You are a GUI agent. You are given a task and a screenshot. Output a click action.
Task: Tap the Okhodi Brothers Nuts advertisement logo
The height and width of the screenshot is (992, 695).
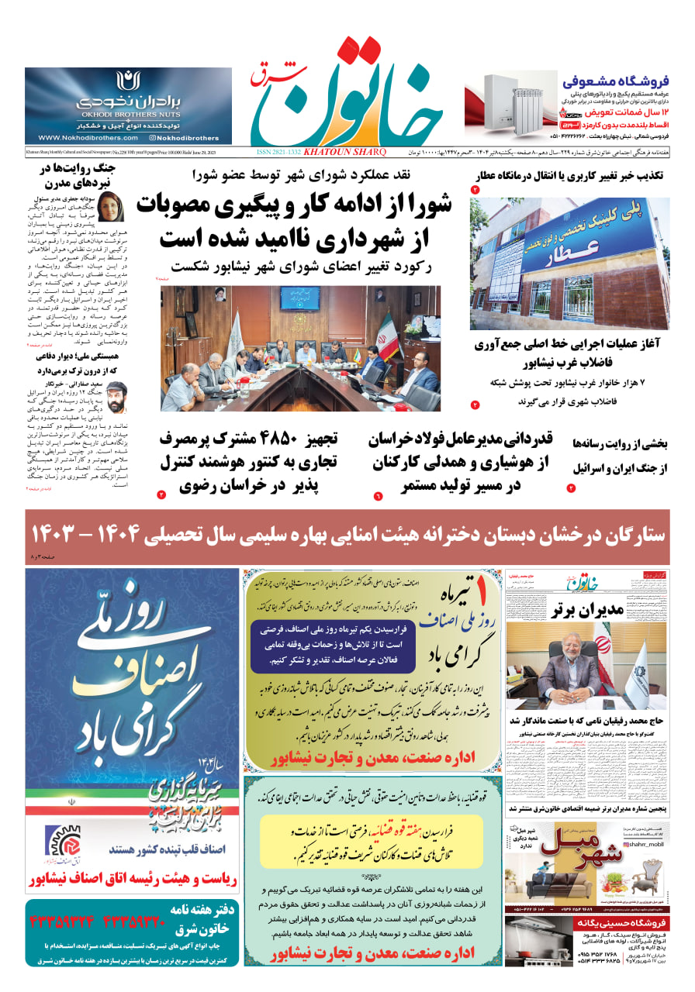[x=127, y=81]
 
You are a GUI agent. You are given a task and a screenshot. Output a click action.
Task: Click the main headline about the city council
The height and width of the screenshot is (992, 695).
[x=295, y=221]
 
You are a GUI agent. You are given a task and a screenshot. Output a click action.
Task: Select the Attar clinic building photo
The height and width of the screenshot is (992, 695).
[x=569, y=263]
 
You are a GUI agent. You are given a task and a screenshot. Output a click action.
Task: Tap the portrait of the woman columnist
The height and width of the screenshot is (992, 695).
[x=109, y=205]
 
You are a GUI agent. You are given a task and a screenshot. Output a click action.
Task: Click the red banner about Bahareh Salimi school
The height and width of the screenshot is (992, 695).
[x=347, y=534]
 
